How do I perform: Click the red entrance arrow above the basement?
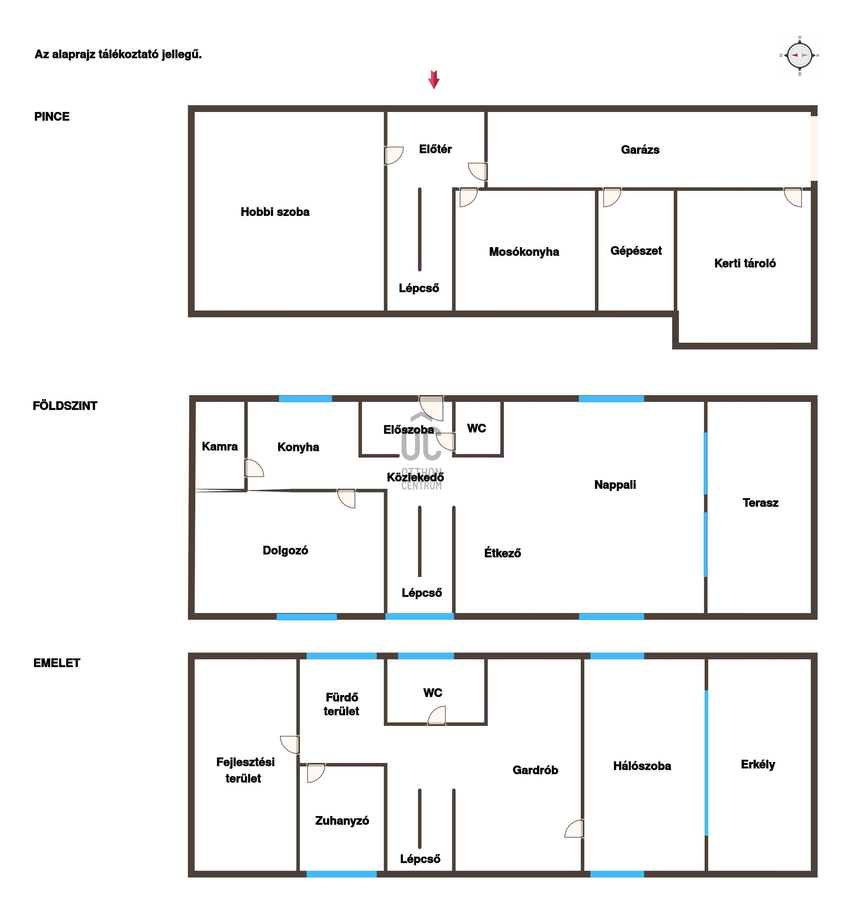pyautogui.click(x=434, y=79)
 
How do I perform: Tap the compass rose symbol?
pyautogui.click(x=800, y=55)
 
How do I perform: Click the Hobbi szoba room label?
pyautogui.click(x=275, y=212)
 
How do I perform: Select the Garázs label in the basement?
pyautogui.click(x=640, y=150)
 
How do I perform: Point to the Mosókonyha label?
pyautogui.click(x=524, y=252)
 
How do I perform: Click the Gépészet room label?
pyautogui.click(x=636, y=251)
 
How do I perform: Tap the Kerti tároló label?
pyautogui.click(x=745, y=263)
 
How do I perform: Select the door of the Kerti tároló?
pyautogui.click(x=793, y=197)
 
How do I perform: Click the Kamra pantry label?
pyautogui.click(x=219, y=446)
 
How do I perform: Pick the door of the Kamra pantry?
pyautogui.click(x=254, y=468)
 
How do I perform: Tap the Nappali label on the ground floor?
pyautogui.click(x=615, y=485)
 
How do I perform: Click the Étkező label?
pyautogui.click(x=502, y=553)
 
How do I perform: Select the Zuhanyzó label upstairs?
pyautogui.click(x=342, y=820)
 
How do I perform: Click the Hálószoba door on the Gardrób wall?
pyautogui.click(x=574, y=829)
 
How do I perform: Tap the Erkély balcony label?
pyautogui.click(x=758, y=765)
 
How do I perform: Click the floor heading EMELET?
pyautogui.click(x=57, y=663)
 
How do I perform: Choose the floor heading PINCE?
pyautogui.click(x=52, y=116)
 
